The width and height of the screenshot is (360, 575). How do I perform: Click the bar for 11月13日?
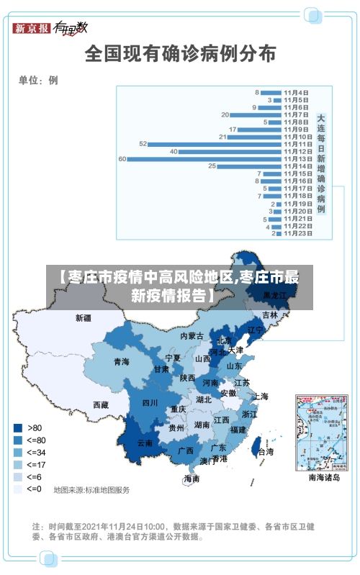[x=204, y=158]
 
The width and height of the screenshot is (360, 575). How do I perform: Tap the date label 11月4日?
[x=296, y=93]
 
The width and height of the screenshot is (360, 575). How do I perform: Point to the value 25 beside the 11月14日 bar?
[x=212, y=166]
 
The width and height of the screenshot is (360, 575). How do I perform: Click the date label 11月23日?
[x=297, y=233]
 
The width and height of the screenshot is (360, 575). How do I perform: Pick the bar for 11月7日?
[x=256, y=114]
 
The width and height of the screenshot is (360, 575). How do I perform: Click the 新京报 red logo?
[x=32, y=28]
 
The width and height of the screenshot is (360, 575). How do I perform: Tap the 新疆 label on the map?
[x=84, y=317]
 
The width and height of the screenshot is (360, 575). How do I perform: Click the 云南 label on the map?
[x=145, y=443]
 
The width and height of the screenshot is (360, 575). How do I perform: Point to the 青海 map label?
[x=121, y=362]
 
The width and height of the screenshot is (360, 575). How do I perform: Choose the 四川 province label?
[x=150, y=403]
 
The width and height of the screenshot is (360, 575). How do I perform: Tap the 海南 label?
[x=191, y=479]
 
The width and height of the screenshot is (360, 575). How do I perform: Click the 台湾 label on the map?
[x=265, y=452]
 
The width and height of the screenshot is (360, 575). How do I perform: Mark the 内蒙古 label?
[x=192, y=336]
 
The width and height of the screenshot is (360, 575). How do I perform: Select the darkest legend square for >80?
[x=17, y=427]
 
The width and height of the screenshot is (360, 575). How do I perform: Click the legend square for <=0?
[x=17, y=489]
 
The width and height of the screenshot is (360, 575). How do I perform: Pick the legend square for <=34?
[x=17, y=452]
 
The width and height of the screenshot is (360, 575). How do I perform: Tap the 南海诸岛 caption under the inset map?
[x=323, y=477]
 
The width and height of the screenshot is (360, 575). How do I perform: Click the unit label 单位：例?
[x=38, y=80]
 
